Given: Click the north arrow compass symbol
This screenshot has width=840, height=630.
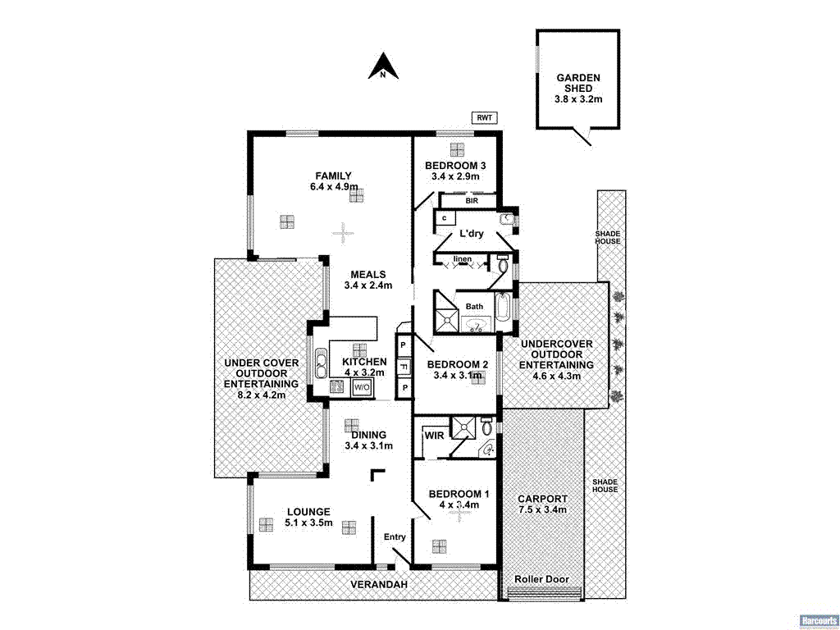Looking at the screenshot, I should click(383, 66).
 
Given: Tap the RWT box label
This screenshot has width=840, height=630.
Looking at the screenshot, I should click(484, 117).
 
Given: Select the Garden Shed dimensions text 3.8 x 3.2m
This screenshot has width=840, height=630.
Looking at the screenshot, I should click(578, 99).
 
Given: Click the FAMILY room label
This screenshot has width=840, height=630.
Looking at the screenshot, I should click(334, 175).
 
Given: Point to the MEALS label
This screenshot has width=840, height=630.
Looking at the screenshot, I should click(367, 274).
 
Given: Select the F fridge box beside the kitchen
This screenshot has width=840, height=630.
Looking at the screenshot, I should click(404, 366).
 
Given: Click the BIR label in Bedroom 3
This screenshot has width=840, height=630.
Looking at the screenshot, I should click(472, 199).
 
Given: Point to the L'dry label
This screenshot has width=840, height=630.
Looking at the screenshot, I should click(471, 234).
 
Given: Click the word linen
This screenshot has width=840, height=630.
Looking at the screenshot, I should click(463, 260).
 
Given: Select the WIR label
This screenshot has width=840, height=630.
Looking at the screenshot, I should click(434, 436).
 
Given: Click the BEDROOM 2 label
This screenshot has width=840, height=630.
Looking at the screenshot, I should click(458, 364).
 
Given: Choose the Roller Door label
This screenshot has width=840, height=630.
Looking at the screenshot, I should click(541, 579).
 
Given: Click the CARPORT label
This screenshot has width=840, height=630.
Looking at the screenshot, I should click(542, 498).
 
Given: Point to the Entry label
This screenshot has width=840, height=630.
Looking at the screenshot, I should click(395, 537).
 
